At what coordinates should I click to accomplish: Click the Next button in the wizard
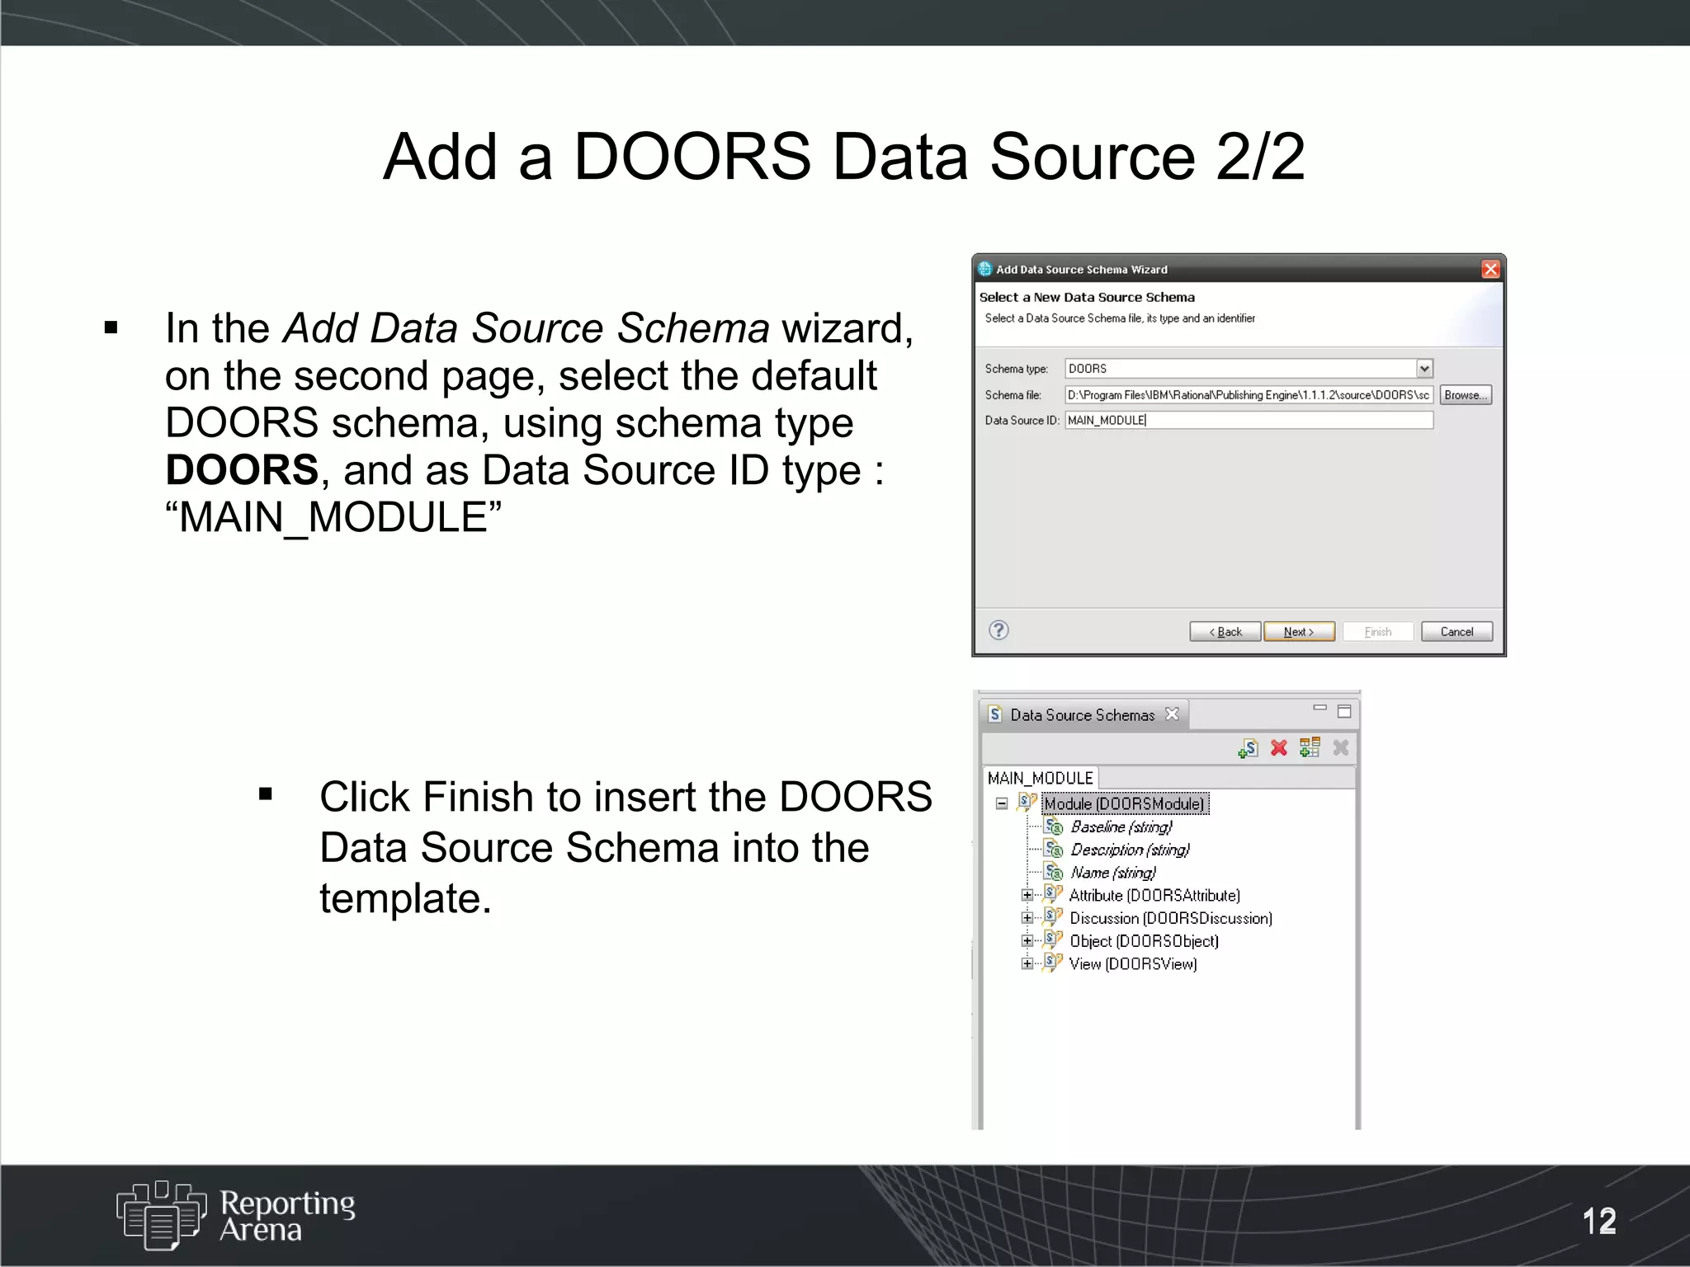(1299, 632)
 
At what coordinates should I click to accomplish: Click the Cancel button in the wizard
(1456, 632)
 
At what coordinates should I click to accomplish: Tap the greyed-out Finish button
(1377, 632)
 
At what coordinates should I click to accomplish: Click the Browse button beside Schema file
(1466, 395)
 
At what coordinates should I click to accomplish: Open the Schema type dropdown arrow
(1424, 369)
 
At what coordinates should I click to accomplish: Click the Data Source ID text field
(1248, 420)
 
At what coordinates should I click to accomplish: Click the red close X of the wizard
(1490, 269)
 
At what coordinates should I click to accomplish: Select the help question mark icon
(998, 630)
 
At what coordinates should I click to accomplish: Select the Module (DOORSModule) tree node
(1124, 803)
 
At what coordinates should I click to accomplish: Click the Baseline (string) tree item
(1121, 827)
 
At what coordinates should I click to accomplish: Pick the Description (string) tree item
(1130, 850)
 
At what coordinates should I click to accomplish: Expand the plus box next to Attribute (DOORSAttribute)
(1027, 895)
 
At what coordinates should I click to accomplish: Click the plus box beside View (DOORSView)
(1027, 963)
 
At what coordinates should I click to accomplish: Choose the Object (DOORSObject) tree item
(1144, 941)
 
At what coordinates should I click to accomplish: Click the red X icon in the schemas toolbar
(1279, 748)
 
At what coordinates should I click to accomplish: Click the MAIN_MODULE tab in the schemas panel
(1040, 778)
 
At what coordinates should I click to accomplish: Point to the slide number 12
(1599, 1221)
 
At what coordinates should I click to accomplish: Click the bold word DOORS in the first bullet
(242, 470)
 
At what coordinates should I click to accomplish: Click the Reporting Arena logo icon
(161, 1214)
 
